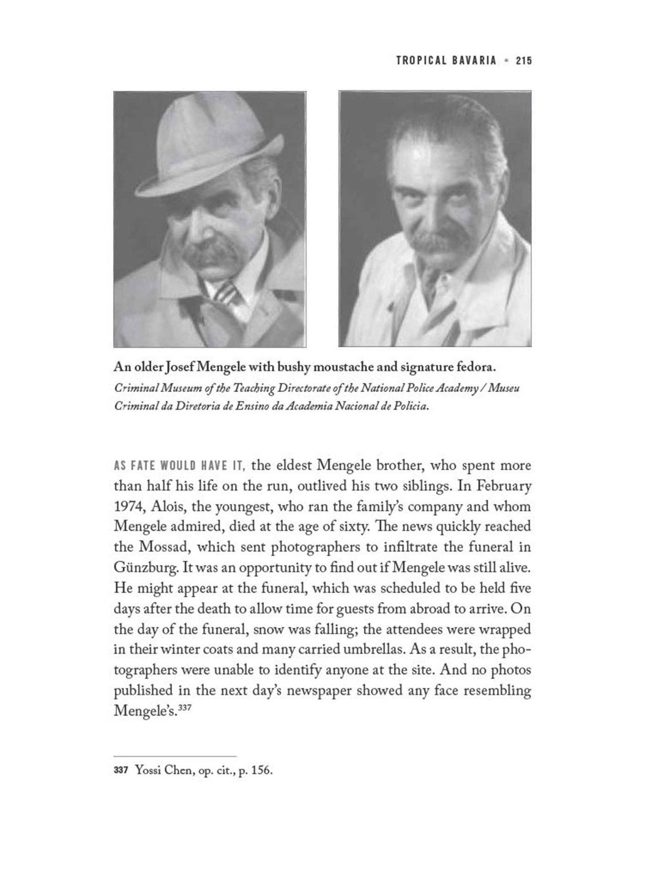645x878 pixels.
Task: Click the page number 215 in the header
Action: (x=524, y=60)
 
